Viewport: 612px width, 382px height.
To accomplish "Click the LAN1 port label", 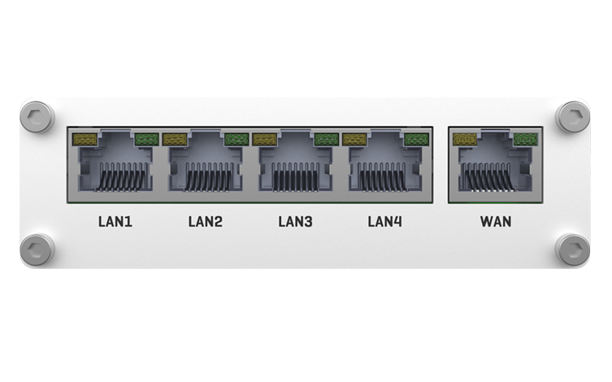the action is click(x=115, y=222).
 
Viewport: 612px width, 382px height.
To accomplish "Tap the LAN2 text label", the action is click(x=206, y=222).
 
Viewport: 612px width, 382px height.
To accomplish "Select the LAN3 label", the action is click(x=295, y=222).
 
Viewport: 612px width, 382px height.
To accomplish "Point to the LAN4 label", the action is click(x=385, y=222).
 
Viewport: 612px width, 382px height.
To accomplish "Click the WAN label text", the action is click(x=496, y=222).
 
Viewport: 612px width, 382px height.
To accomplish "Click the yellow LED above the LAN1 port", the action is click(x=85, y=139).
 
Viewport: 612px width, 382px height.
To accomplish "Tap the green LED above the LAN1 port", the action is click(x=147, y=139).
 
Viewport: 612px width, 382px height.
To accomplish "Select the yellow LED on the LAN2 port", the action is click(x=175, y=139).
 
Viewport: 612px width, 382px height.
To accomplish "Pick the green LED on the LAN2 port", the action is click(x=237, y=139).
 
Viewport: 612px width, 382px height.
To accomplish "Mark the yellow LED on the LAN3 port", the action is click(x=265, y=139).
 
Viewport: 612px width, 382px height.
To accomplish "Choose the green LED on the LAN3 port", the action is click(x=326, y=139).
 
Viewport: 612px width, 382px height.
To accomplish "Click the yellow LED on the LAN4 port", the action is click(x=354, y=139).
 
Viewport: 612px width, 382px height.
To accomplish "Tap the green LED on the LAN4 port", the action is click(x=416, y=139).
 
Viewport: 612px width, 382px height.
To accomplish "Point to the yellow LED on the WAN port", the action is click(x=465, y=139).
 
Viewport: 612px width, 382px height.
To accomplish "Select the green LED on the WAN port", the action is click(x=525, y=139).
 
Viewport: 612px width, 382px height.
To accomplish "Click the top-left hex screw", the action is click(x=37, y=117).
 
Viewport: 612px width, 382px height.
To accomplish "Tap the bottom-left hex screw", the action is click(x=37, y=250).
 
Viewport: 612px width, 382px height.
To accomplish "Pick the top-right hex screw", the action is click(x=572, y=117).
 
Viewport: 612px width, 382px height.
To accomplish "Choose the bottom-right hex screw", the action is click(x=572, y=250).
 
